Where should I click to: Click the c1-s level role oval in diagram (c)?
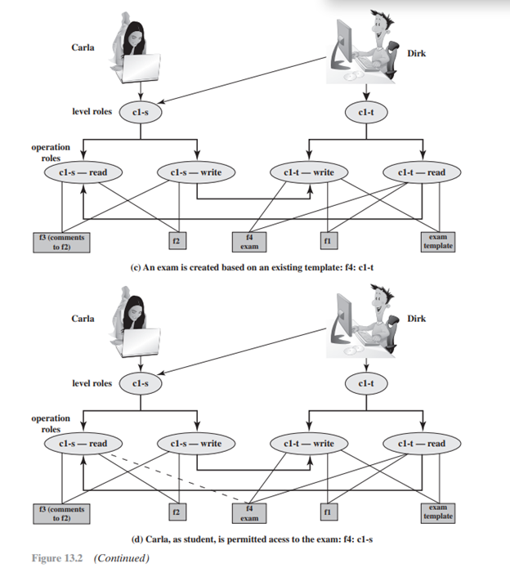click(140, 111)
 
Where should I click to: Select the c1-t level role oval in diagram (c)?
click(365, 111)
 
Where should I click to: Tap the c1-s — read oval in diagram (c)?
click(83, 172)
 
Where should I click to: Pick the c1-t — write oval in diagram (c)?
click(308, 172)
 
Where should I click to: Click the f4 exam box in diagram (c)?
click(250, 241)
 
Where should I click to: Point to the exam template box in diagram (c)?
click(439, 241)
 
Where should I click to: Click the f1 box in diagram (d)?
click(327, 512)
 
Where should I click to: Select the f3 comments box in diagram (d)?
click(61, 512)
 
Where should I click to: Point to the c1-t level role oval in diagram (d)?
click(365, 382)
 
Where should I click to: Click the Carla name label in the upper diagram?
click(83, 47)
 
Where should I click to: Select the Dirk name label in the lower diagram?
click(417, 318)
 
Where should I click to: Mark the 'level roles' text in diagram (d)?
click(92, 382)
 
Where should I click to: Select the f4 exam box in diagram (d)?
click(250, 512)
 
